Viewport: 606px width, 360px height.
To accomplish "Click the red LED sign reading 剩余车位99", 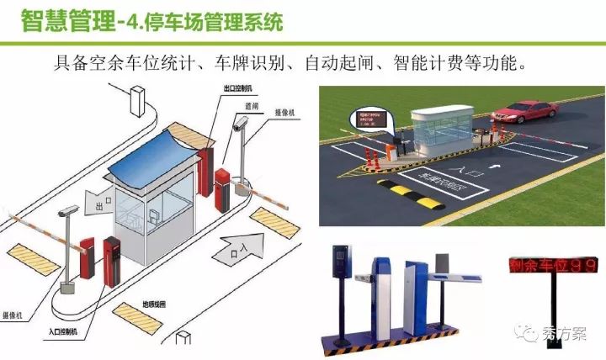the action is point(554,265).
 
